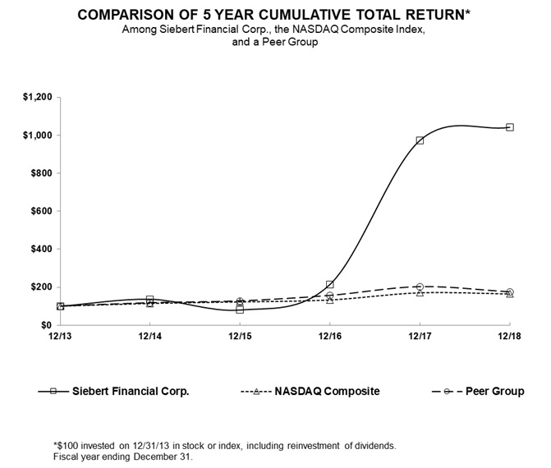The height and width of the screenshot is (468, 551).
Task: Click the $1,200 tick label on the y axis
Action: coord(38,97)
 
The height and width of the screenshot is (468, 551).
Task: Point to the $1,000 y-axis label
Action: coord(38,135)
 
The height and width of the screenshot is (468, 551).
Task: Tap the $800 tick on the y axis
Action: coord(42,173)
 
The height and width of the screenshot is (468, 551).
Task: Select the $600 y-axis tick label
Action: coord(42,211)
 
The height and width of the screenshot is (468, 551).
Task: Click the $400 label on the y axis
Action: coord(42,249)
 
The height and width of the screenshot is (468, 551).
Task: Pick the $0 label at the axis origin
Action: coord(47,325)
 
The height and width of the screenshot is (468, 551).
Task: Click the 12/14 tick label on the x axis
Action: coord(149,336)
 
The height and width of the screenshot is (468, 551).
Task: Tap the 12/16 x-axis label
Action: coord(329,336)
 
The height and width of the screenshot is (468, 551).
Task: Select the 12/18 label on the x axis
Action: coord(509,336)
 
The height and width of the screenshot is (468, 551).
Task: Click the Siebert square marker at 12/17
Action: coord(420,140)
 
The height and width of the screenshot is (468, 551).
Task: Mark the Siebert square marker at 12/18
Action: coord(510,127)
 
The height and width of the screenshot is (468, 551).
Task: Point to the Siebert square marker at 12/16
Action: coord(329,285)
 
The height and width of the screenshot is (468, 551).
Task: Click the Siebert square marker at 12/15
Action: coord(240,310)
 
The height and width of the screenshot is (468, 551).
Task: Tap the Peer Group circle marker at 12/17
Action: coord(420,287)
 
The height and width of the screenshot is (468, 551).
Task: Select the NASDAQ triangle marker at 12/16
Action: coord(329,300)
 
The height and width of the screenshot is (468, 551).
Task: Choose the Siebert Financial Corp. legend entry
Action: coord(131,392)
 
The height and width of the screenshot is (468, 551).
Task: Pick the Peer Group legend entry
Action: coord(496,392)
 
